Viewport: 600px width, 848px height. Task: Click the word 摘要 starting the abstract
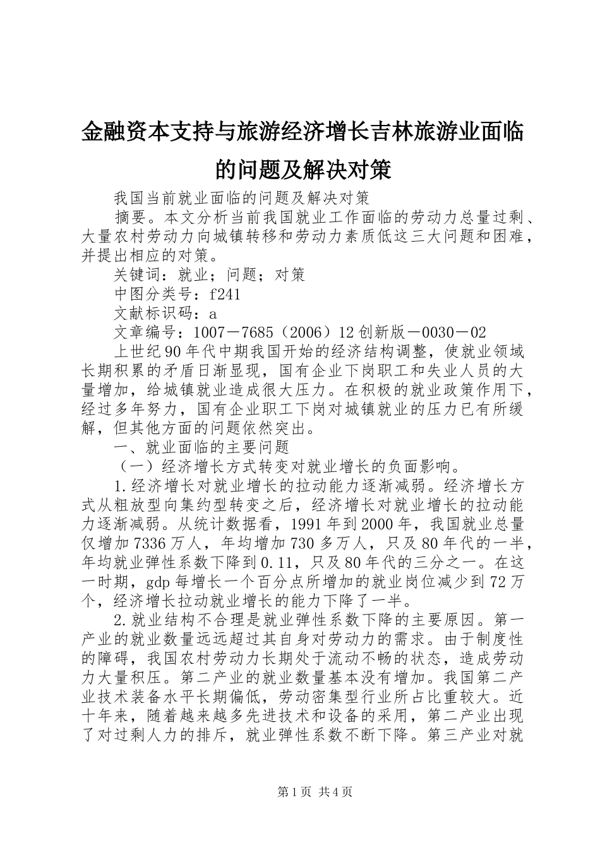pos(129,218)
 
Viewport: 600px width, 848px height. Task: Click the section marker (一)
pos(137,466)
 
